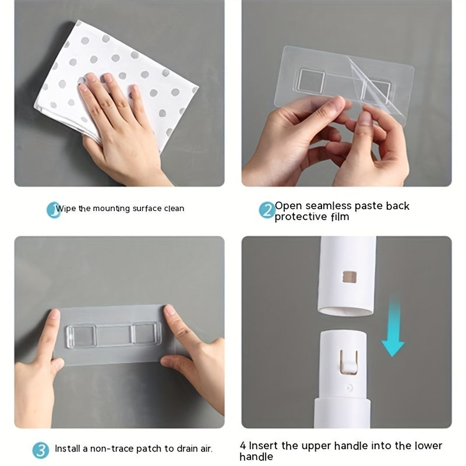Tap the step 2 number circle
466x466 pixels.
click(x=267, y=210)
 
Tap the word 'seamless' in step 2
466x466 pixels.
click(x=322, y=206)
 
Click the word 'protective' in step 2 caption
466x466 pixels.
click(x=303, y=217)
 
